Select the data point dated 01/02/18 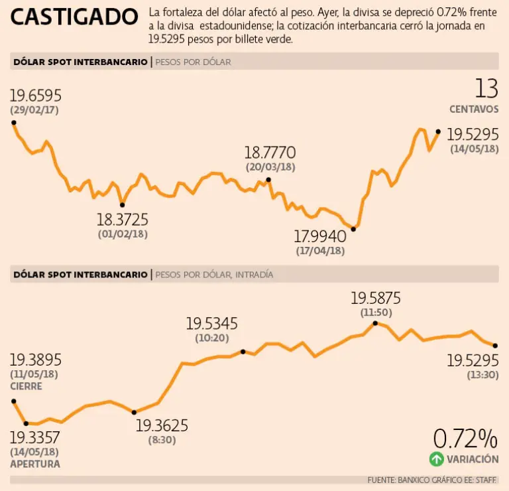coord(122,205)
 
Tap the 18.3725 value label coord(123,220)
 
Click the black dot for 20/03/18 coord(268,179)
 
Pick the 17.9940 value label coord(320,236)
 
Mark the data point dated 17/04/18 coord(353,229)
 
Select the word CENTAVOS coord(474,109)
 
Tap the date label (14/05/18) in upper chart coord(474,149)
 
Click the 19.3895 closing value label coord(35,360)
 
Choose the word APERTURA coord(34,464)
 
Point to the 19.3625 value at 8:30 coord(161,425)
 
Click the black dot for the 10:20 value coord(243,352)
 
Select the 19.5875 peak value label coord(376,299)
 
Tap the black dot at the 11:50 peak coord(375,323)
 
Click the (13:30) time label coord(482,376)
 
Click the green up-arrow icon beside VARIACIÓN coord(436,458)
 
